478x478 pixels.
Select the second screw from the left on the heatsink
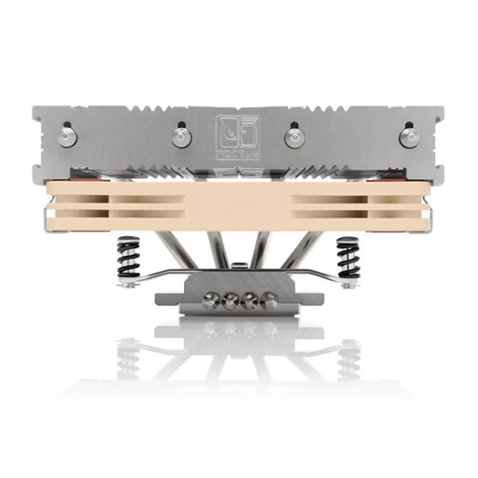[180, 137]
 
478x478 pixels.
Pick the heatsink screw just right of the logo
[295, 137]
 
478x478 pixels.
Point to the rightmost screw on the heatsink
[409, 136]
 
